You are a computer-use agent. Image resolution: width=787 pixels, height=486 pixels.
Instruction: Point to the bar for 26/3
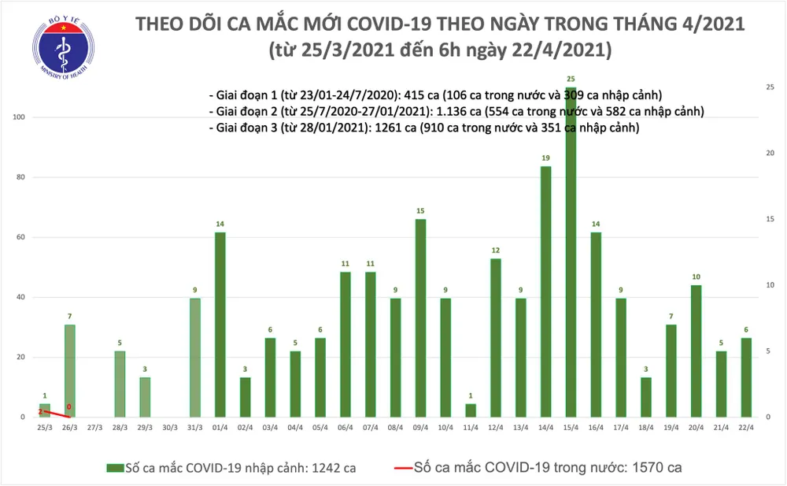coord(70,370)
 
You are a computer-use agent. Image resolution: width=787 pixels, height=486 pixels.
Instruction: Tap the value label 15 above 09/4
coord(422,211)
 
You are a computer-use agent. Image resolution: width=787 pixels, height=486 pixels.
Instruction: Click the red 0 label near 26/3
coord(69,407)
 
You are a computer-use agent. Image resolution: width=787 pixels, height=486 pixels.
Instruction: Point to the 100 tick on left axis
coord(17,117)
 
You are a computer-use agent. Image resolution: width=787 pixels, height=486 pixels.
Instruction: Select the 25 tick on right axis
coord(770,87)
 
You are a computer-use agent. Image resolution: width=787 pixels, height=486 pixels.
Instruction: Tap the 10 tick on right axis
coord(770,285)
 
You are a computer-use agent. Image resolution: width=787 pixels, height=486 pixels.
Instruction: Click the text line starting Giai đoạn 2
coord(456,111)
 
